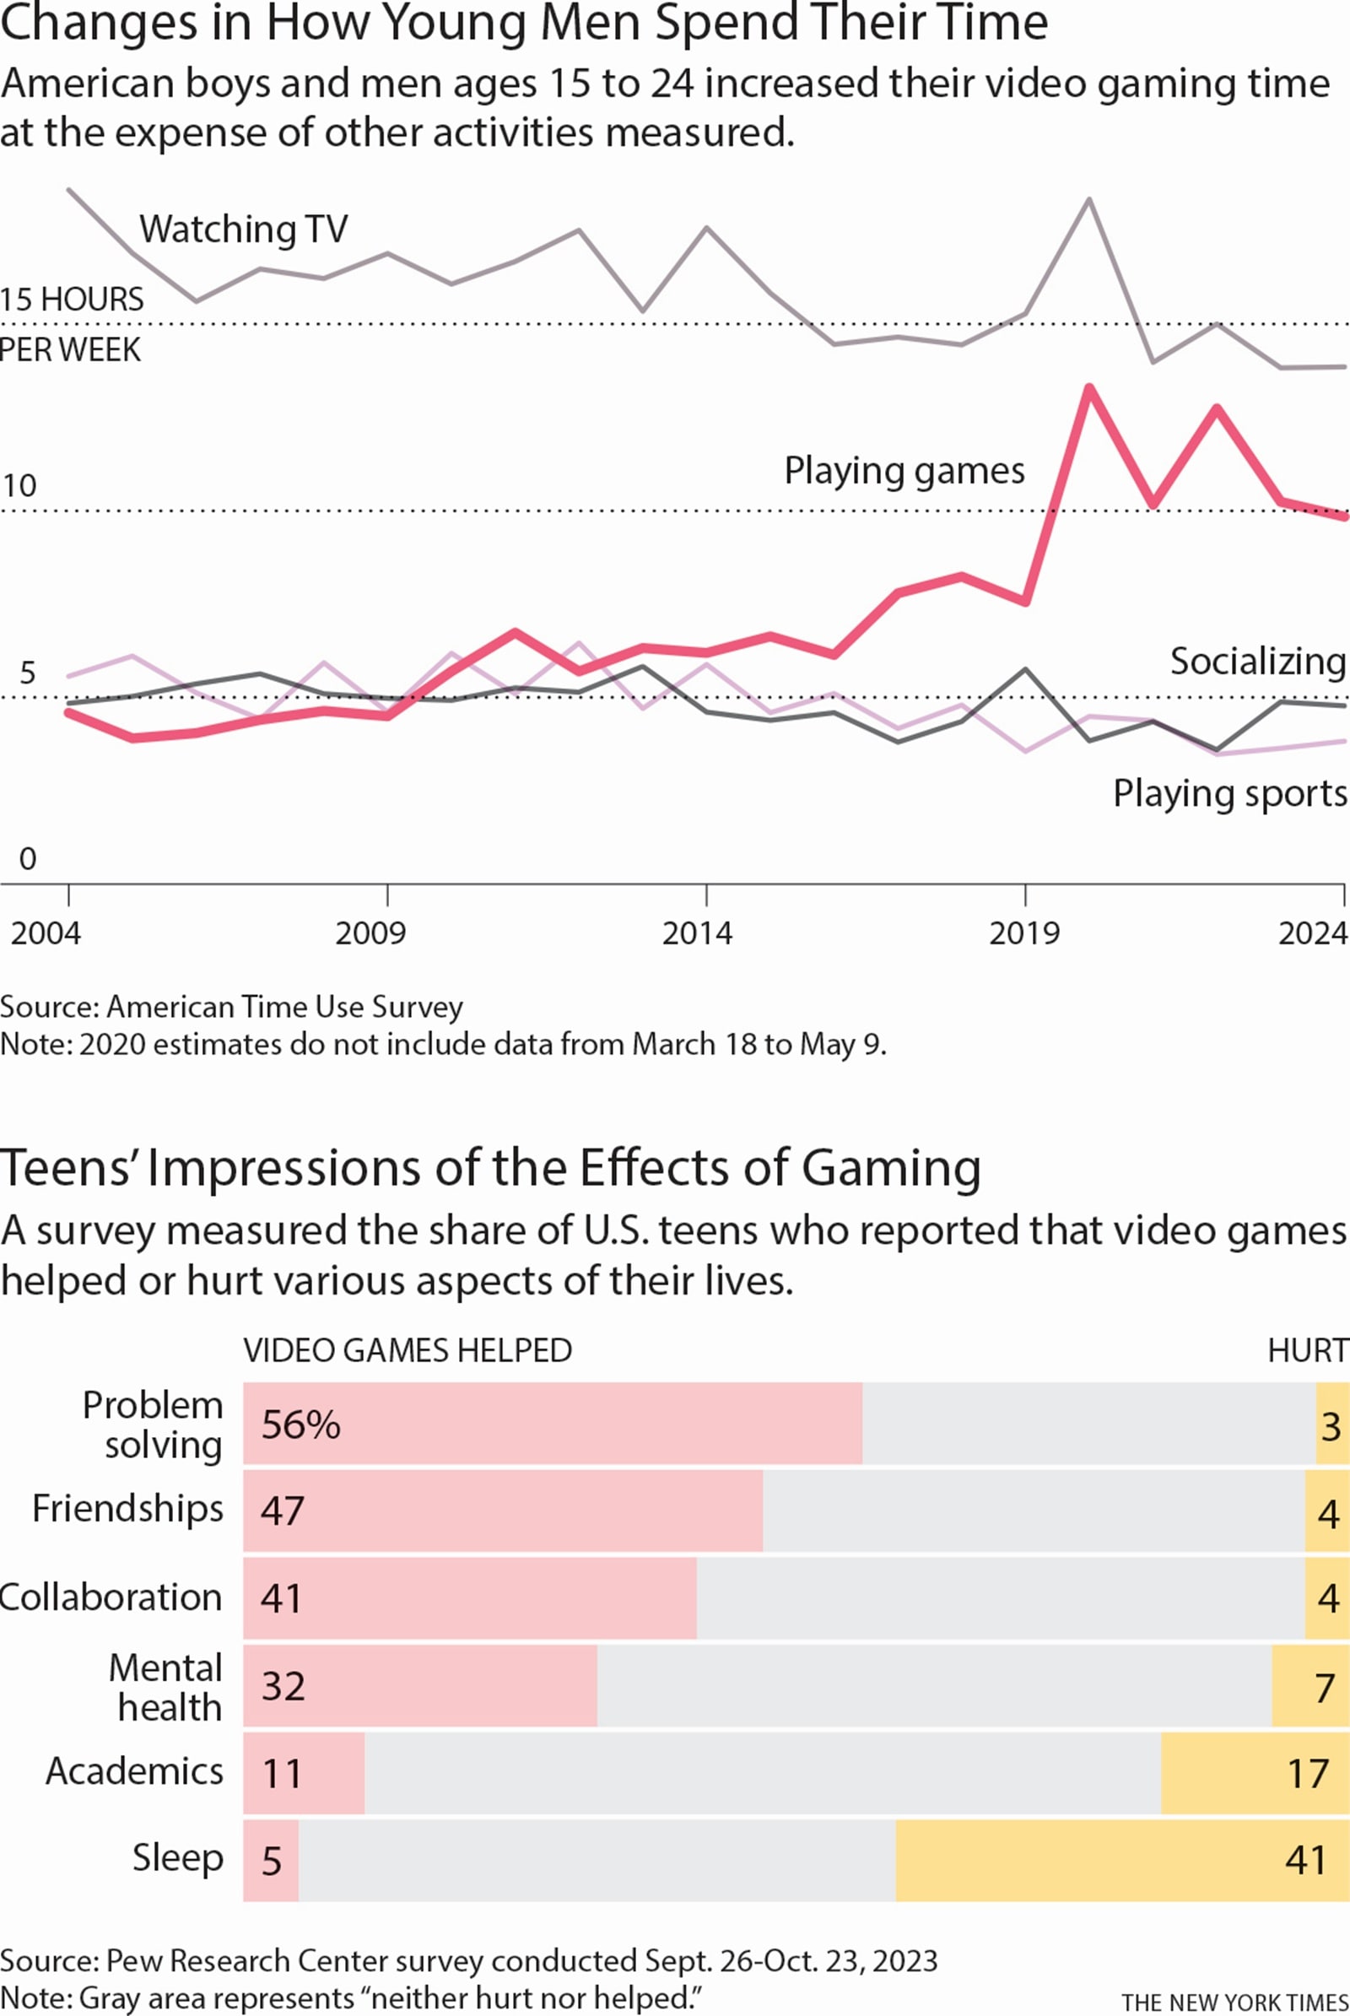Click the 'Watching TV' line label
click(x=244, y=229)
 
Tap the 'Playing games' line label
click(x=904, y=471)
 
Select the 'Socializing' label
click(x=1257, y=662)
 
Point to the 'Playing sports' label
click(x=1229, y=793)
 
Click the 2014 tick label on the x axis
click(x=697, y=933)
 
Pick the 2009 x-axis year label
click(x=370, y=933)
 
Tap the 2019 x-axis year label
click(x=1023, y=933)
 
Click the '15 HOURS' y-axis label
click(x=73, y=300)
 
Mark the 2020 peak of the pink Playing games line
click(x=1089, y=388)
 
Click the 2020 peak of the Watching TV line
click(x=1089, y=200)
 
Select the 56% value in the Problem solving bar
click(x=300, y=1425)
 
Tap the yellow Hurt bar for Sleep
click(x=1120, y=1861)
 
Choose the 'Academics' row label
click(x=134, y=1771)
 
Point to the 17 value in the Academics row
click(x=1308, y=1774)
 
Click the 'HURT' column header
click(x=1307, y=1350)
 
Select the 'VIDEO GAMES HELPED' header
click(x=408, y=1350)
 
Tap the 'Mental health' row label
click(x=167, y=1688)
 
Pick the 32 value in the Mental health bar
click(x=283, y=1686)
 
